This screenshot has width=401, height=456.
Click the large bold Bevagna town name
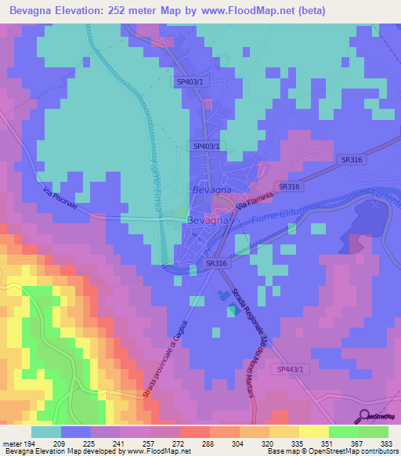(x=208, y=221)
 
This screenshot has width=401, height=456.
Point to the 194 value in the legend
(x=29, y=443)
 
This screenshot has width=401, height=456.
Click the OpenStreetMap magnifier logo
(x=363, y=415)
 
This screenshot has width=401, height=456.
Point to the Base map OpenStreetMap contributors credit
(x=331, y=451)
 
